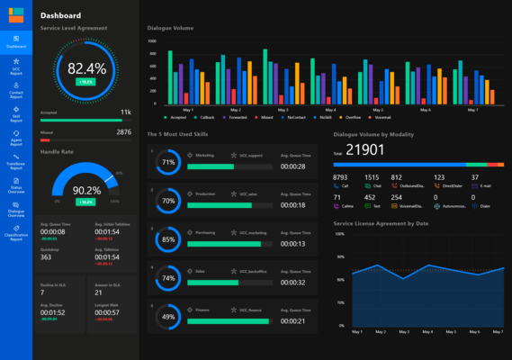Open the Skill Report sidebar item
coord(16,113)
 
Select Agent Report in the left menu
coord(16,139)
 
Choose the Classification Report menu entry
coord(16,236)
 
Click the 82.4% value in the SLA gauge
coord(86,68)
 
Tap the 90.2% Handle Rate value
coord(86,190)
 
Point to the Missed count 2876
coord(123,132)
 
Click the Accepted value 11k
coord(126,112)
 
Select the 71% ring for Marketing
coord(167,163)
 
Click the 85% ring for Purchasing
coord(167,240)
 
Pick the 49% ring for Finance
coord(167,317)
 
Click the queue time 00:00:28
coord(292,166)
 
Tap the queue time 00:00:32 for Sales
coord(292,282)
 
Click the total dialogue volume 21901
coord(365,150)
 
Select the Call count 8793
coord(340,177)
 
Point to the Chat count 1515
coord(371,177)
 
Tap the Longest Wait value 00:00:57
coord(107,312)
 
